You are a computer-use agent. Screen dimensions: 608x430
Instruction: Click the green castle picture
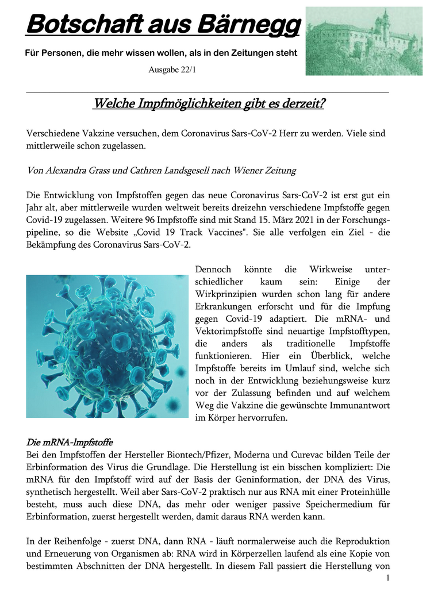[363, 41]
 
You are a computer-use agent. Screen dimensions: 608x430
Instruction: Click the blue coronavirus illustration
[107, 346]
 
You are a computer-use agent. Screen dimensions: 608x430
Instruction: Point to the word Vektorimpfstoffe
[229, 331]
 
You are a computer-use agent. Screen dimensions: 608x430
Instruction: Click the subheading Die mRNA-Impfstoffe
[70, 443]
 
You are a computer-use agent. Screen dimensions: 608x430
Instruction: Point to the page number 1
[389, 578]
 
